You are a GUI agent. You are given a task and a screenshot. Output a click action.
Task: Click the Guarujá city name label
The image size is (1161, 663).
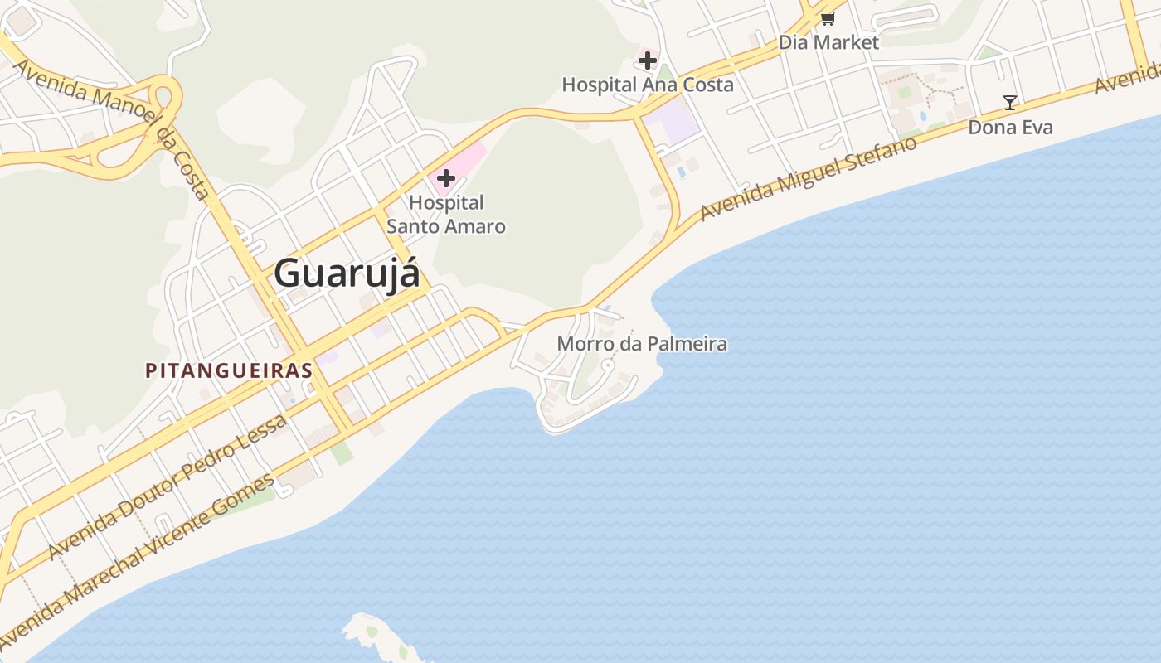(347, 273)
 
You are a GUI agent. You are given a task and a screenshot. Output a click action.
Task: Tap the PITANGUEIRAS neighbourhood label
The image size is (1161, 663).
(229, 370)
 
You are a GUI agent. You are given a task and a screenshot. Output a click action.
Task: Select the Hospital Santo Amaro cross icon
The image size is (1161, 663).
(446, 177)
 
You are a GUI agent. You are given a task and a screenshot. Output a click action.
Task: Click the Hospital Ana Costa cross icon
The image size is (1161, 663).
(648, 60)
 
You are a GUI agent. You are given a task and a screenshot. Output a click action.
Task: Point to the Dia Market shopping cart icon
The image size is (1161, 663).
(828, 18)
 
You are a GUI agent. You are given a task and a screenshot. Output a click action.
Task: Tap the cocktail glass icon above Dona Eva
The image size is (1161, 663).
(1009, 103)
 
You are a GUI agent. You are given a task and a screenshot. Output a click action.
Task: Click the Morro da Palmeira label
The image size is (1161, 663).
(642, 343)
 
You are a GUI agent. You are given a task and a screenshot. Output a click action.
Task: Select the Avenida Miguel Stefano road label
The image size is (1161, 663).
(809, 179)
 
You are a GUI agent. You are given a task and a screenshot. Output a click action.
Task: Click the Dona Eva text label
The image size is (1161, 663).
(1010, 127)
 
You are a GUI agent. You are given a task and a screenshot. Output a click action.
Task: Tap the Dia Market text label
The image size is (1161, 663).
(828, 41)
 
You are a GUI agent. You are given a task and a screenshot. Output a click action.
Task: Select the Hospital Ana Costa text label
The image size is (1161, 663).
(648, 85)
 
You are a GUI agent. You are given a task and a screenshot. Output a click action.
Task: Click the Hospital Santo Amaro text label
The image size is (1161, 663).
(446, 214)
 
